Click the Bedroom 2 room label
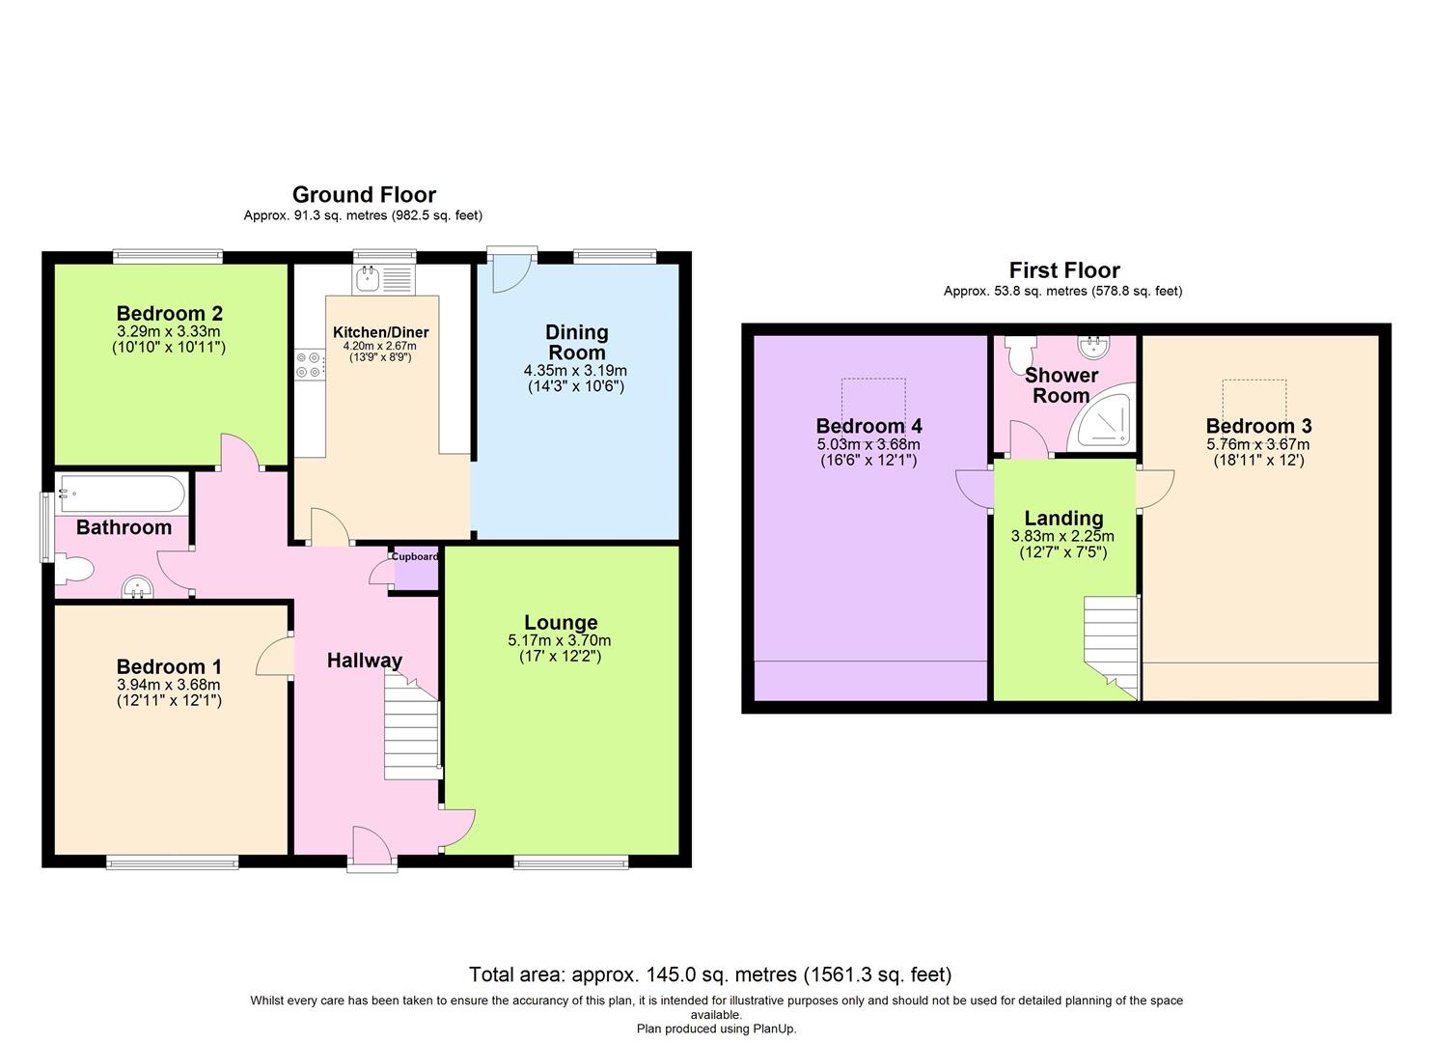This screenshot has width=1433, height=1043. click(170, 313)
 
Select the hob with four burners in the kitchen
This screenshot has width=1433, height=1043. click(310, 364)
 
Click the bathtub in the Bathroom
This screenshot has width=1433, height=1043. click(121, 493)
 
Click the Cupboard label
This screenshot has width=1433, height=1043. click(415, 557)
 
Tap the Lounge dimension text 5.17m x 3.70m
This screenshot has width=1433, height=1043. click(560, 640)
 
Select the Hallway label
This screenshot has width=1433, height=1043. click(364, 661)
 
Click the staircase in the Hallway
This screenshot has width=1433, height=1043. click(412, 729)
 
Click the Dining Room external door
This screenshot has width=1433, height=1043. click(511, 270)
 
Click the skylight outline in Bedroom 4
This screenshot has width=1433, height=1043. click(873, 399)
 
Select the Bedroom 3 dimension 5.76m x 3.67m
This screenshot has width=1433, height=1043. click(1258, 444)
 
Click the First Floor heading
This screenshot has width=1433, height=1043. click(1064, 270)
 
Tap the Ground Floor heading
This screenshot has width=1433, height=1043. click(364, 195)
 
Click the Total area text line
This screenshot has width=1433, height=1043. click(710, 974)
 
